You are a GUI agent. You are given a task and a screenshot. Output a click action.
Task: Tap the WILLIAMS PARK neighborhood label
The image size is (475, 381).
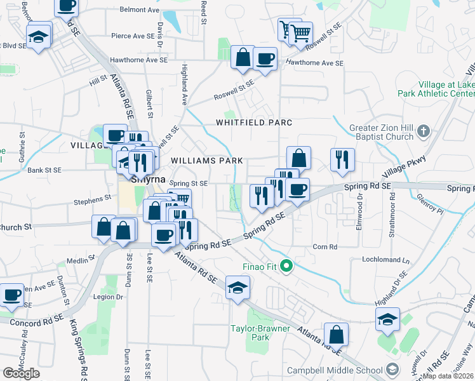(x=198, y=161)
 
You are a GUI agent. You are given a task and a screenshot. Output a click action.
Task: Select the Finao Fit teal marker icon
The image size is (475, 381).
(x=286, y=265)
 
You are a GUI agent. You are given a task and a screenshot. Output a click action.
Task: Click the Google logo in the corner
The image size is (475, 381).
(x=21, y=373)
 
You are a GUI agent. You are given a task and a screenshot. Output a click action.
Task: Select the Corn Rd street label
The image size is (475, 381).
(x=324, y=246)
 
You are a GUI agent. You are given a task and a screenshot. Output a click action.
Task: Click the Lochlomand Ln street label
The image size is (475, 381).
(x=385, y=260)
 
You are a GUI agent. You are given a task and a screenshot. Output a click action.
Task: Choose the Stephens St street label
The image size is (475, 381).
(x=93, y=199)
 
